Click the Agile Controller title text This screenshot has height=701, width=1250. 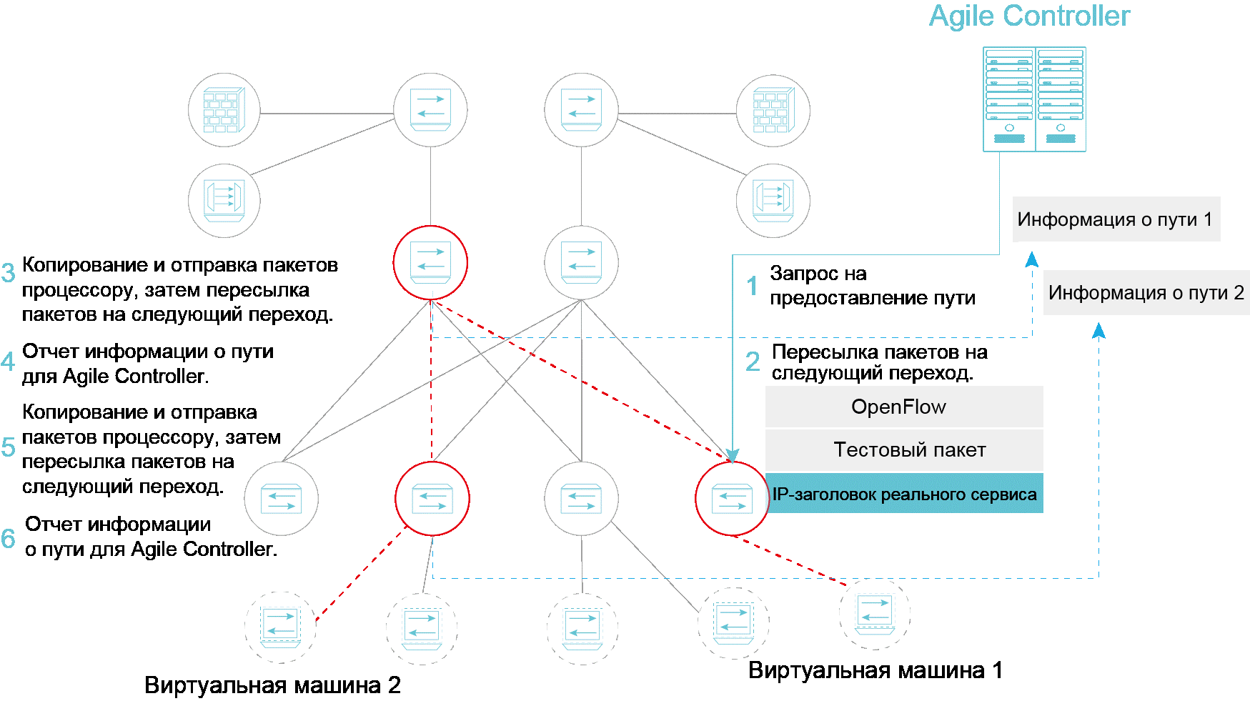pos(1029,16)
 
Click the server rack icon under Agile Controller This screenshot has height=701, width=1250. pos(1034,99)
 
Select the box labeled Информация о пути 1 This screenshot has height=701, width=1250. pos(1116,219)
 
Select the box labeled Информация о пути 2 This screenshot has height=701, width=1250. pos(1146,292)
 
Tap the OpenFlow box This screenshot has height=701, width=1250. pos(903,407)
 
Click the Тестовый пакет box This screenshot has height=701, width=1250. pos(903,449)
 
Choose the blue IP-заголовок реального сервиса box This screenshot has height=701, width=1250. pos(903,494)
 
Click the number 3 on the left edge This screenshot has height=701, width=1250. pos(9,273)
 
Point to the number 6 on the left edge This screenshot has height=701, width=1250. pos(9,539)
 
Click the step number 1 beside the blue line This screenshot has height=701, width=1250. pos(752,287)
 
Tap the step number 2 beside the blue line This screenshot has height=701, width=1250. pos(753,362)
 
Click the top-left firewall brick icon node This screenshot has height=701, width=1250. pos(224,110)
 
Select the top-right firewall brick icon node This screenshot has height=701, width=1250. pos(773,111)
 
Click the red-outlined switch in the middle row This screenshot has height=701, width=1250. pos(430,262)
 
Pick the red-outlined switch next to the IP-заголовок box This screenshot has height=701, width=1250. pos(732,498)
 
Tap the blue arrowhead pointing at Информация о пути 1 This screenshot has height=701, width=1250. pos(1032,259)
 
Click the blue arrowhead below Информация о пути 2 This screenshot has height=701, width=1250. pos(1099,330)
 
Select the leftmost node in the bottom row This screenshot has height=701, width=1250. pos(280,627)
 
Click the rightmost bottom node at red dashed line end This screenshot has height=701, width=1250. pos(875,613)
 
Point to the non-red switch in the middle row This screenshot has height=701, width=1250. pos(581,262)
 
